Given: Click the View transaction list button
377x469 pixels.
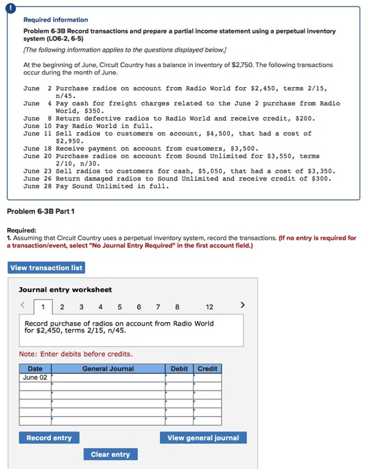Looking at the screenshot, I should [x=47, y=267].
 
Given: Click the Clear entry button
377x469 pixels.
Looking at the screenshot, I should [x=110, y=454].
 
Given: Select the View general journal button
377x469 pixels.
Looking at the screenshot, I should [x=203, y=438].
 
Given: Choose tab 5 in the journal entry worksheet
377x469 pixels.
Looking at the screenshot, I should [x=119, y=307].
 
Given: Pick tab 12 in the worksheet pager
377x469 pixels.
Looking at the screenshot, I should [x=210, y=307].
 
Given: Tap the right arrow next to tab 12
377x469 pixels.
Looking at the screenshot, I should [x=242, y=306].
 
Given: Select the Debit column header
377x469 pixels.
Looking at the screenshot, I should [x=179, y=368].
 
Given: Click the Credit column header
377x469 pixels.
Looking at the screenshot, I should [x=208, y=368].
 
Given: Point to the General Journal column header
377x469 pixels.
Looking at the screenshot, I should [x=108, y=368].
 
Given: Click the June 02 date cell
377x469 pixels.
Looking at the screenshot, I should [x=35, y=377].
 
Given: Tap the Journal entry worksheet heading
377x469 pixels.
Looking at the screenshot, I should [x=65, y=289].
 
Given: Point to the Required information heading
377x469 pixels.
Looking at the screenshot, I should [x=57, y=20].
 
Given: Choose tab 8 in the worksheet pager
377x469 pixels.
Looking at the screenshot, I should [x=176, y=307].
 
